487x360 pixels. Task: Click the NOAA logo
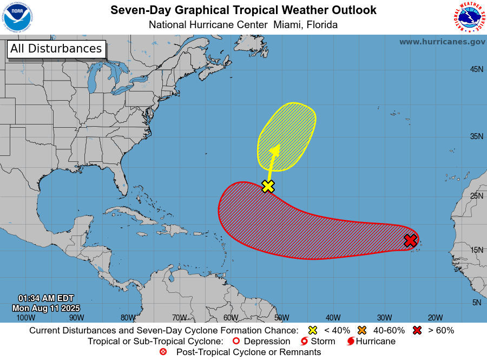[17, 17]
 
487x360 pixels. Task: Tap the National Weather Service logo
[469, 17]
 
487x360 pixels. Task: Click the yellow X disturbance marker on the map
[268, 186]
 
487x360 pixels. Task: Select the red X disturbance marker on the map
[410, 240]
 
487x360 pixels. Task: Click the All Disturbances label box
[56, 49]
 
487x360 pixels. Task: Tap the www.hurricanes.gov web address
[442, 42]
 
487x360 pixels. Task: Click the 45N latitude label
[476, 69]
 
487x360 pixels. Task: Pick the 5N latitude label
[476, 303]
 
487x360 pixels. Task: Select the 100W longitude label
[25, 318]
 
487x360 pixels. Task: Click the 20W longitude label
[436, 318]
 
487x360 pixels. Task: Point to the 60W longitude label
[231, 318]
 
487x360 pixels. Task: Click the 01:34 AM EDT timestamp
[45, 298]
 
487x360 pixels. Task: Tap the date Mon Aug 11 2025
[45, 308]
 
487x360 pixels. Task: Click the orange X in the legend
[362, 330]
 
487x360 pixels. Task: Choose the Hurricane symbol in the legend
[351, 342]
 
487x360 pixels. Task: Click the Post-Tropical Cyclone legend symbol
[163, 352]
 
